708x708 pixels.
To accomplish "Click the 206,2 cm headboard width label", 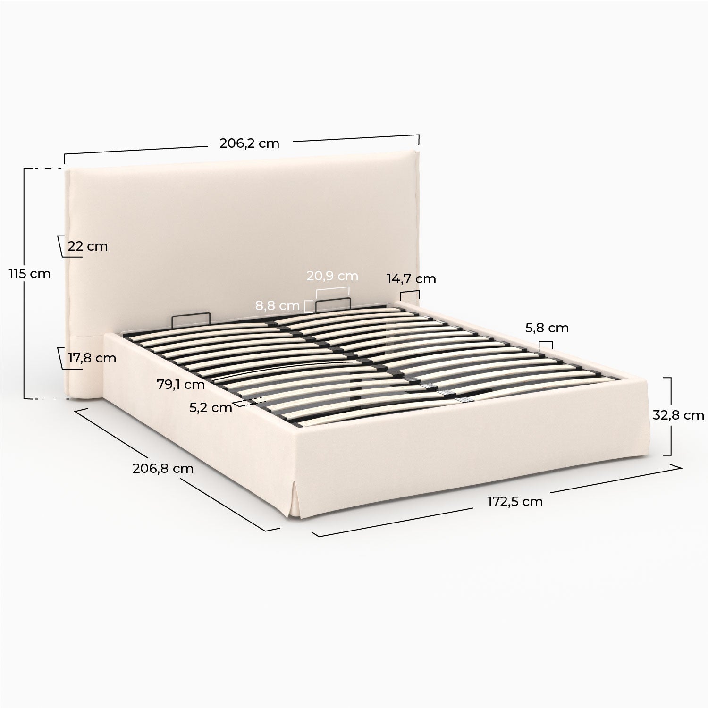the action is (249, 143).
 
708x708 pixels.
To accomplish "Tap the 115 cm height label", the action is (29, 273).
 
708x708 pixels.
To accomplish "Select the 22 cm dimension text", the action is (88, 246).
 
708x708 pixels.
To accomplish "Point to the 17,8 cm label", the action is (92, 358).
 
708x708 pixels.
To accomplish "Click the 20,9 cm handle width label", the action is (332, 276).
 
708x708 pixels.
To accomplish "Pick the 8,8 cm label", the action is (278, 306).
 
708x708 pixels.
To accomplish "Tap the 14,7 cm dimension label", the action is (412, 278).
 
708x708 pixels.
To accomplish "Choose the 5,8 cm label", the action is (547, 328).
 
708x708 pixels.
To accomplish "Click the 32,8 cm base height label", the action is (678, 415).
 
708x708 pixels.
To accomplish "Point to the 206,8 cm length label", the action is (163, 468).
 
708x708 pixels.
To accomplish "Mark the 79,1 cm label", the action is (181, 384).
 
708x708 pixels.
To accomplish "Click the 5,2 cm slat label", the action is (211, 408).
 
